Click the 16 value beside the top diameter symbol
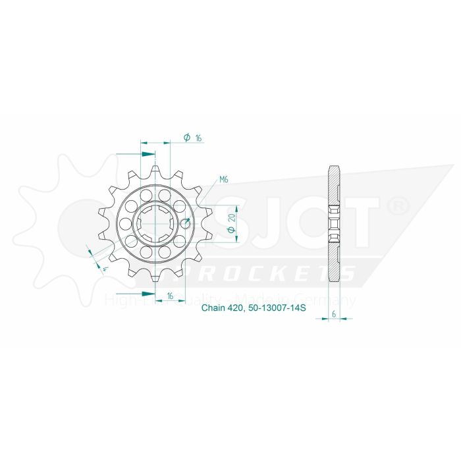(x=198, y=138)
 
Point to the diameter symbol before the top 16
(x=187, y=138)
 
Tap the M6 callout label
(x=224, y=180)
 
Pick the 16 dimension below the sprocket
(x=170, y=297)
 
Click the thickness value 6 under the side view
(x=335, y=314)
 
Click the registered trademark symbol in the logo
(x=398, y=207)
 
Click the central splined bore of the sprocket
(x=155, y=224)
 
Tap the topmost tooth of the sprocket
(x=155, y=173)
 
